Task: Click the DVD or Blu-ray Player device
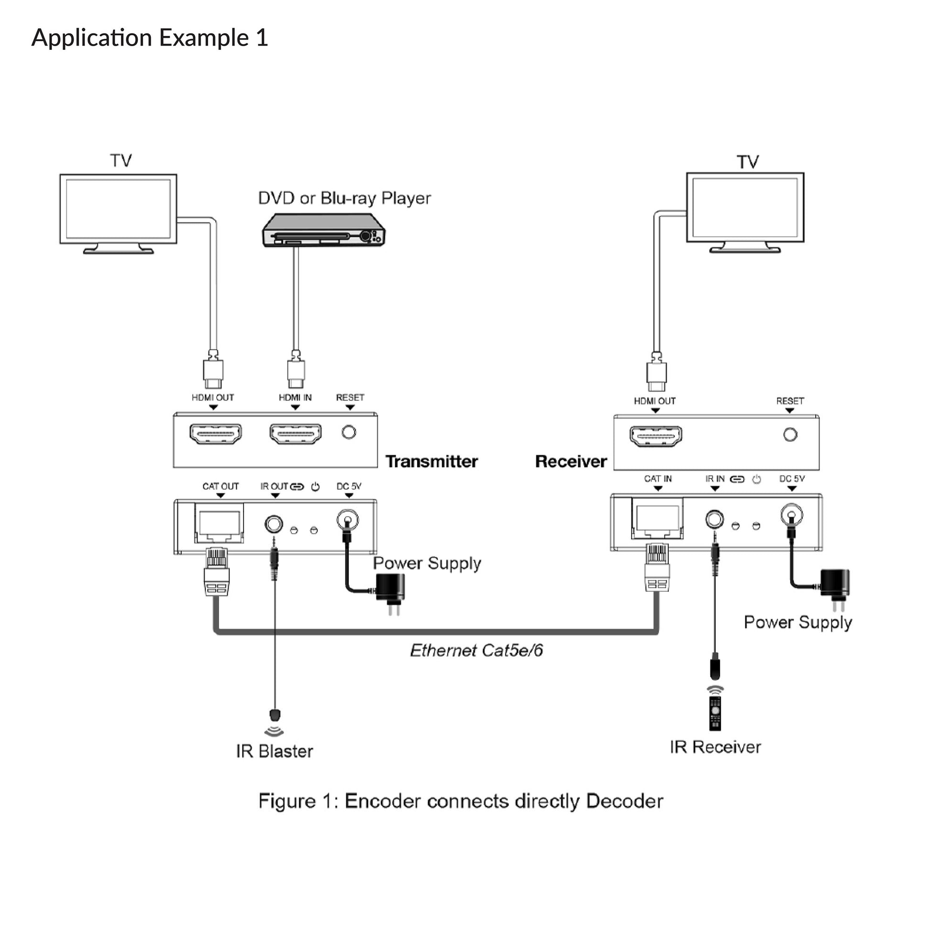coord(323,231)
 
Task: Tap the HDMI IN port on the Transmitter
coord(295,433)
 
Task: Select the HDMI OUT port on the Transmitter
coord(215,433)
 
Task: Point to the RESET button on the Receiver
coord(790,435)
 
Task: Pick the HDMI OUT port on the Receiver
coord(656,436)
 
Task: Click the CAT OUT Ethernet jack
coord(219,523)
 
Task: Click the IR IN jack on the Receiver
coord(714,519)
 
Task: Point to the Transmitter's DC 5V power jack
coord(347,520)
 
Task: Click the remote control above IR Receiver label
coord(715,713)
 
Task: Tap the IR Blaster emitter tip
coord(275,715)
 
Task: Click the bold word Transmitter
coord(431,462)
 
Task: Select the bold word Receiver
coord(571,462)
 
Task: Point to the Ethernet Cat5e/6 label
coord(476,651)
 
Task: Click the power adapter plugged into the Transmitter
coord(390,588)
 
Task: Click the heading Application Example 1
coord(149,38)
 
